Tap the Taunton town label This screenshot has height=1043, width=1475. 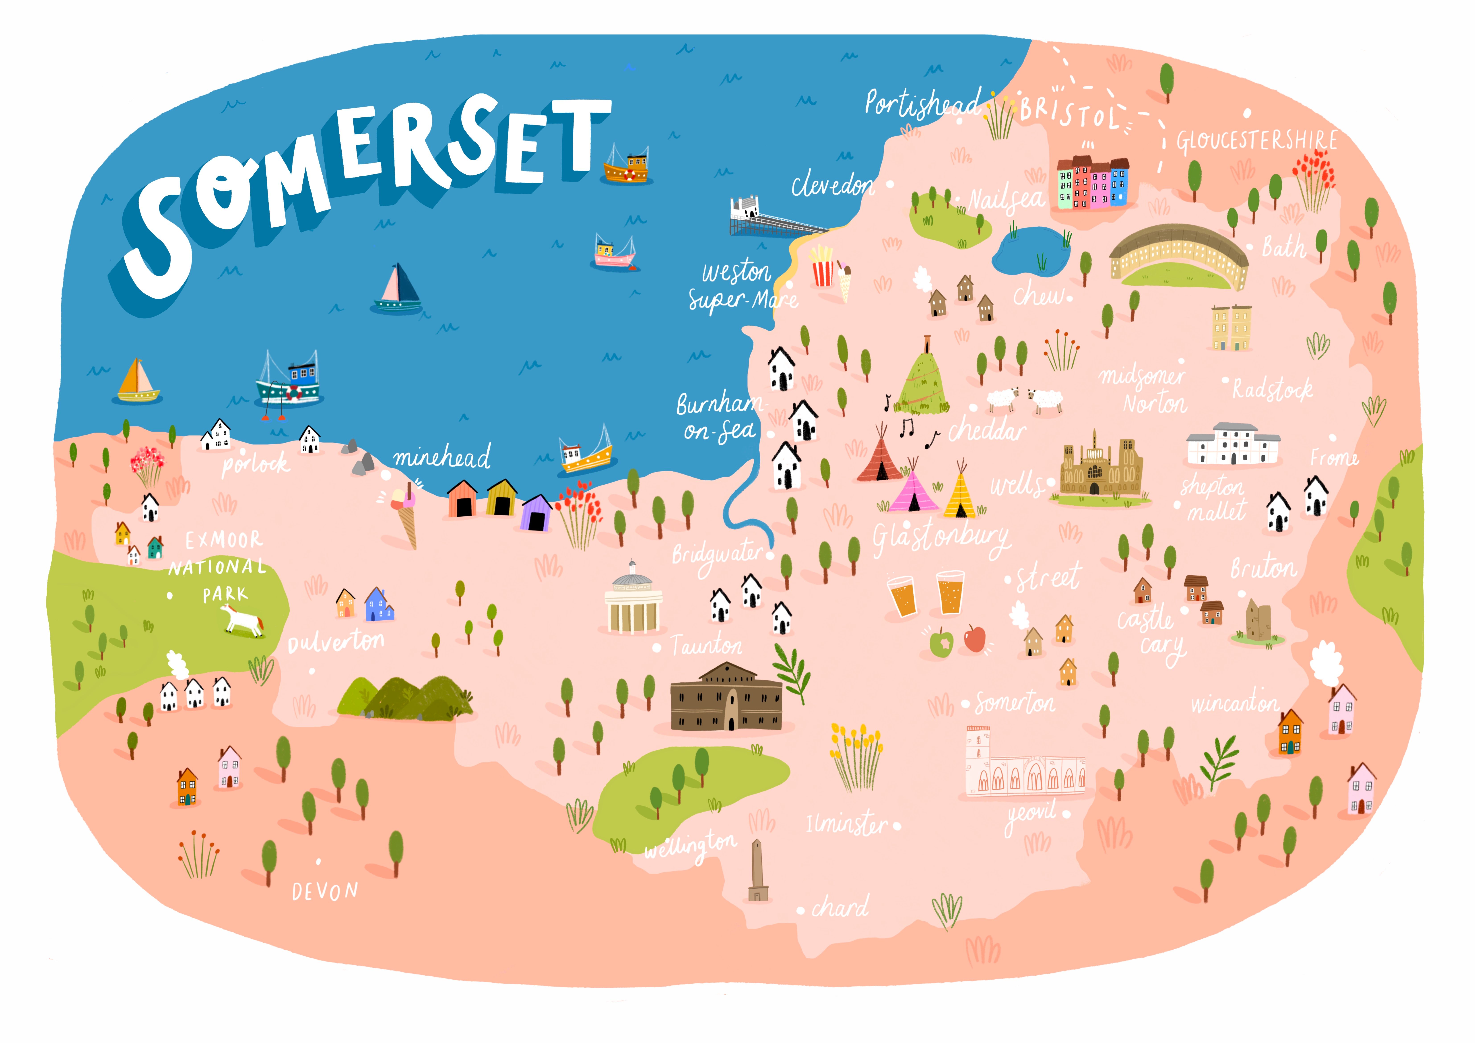coord(707,645)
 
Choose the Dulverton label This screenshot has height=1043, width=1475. coord(336,641)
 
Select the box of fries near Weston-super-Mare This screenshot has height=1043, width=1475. coord(822,268)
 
